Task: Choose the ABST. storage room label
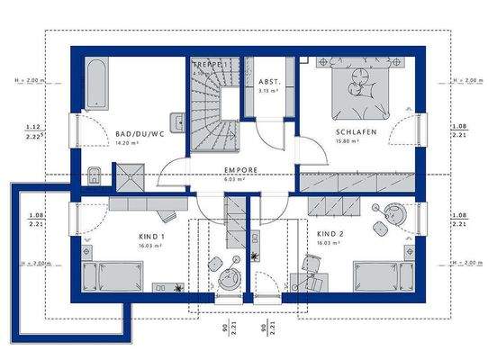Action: (x=269, y=81)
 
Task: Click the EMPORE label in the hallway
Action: (x=241, y=169)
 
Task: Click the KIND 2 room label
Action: (x=330, y=234)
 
